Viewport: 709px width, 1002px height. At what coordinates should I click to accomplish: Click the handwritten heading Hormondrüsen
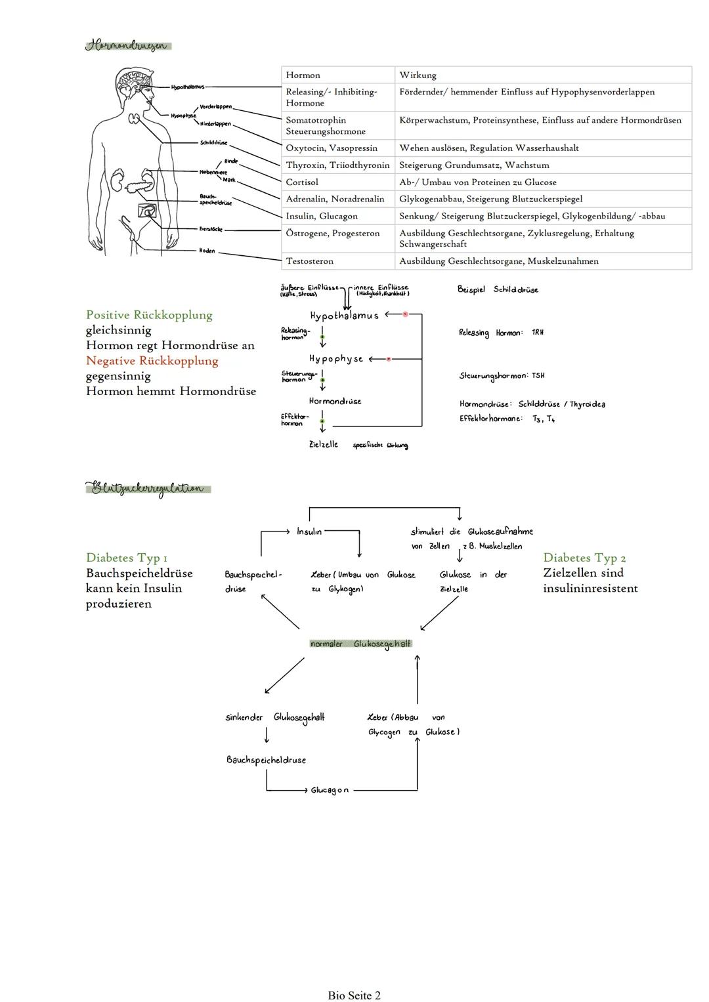click(x=129, y=46)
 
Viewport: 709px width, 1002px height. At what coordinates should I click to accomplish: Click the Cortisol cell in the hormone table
click(x=302, y=182)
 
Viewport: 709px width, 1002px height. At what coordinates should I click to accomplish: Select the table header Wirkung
click(x=418, y=75)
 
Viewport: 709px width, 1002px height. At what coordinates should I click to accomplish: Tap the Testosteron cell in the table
click(x=309, y=261)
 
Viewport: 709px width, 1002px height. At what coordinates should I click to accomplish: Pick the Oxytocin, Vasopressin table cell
click(x=332, y=148)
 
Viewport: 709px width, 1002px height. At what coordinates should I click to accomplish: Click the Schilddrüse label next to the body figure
click(x=213, y=142)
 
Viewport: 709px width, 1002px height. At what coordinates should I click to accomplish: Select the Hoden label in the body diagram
click(x=207, y=251)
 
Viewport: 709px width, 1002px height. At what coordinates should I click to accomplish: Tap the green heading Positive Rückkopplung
click(x=149, y=315)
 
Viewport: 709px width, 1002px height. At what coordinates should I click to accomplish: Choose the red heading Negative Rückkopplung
click(x=152, y=361)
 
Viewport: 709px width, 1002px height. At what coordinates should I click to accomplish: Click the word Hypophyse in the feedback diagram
click(x=336, y=359)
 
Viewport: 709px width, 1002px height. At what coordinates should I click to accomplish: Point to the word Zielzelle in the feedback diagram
click(x=324, y=445)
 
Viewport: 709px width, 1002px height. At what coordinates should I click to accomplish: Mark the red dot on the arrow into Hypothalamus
click(x=405, y=314)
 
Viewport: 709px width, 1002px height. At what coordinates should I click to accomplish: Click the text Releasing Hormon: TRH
click(x=501, y=333)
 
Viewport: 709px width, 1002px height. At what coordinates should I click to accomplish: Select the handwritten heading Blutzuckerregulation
click(x=148, y=489)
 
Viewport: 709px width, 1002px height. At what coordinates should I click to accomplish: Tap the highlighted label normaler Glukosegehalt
click(x=360, y=644)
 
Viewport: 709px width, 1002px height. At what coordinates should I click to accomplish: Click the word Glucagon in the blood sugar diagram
click(x=330, y=791)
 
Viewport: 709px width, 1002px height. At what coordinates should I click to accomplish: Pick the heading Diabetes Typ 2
click(x=584, y=558)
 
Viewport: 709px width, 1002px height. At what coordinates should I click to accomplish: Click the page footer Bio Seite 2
click(x=354, y=995)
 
